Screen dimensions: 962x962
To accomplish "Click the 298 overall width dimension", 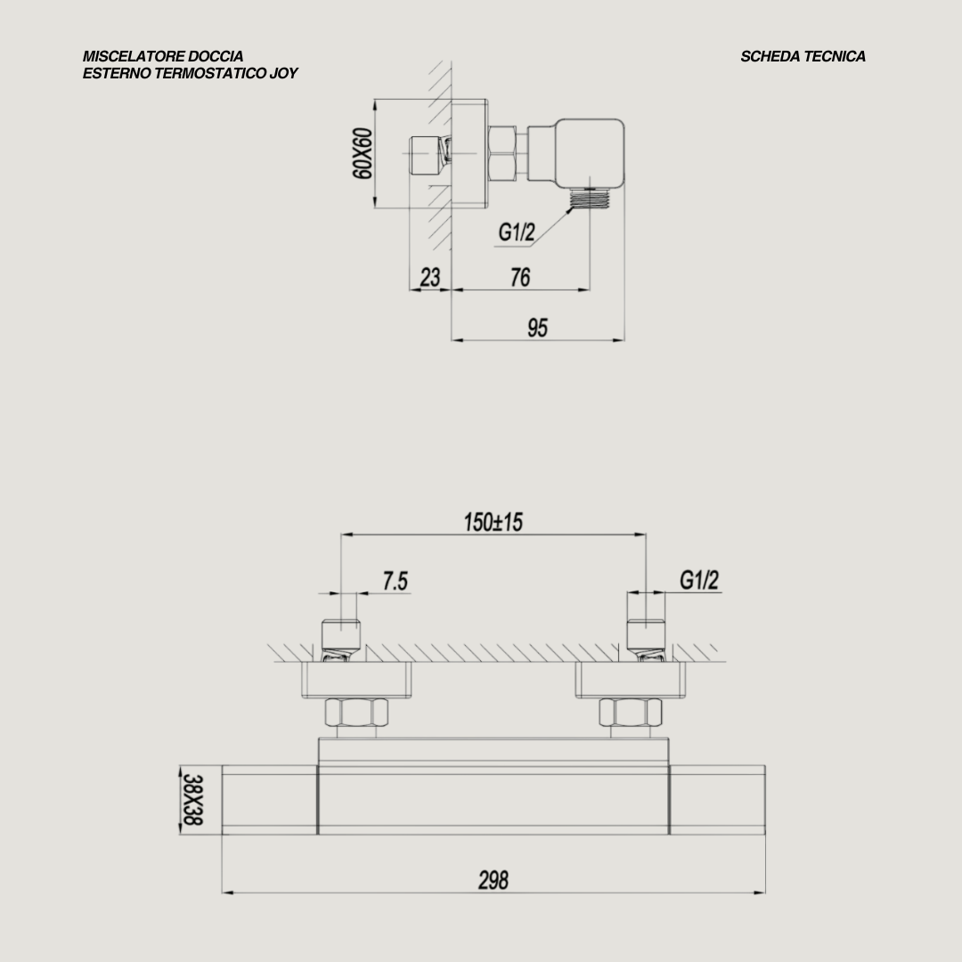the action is (493, 880).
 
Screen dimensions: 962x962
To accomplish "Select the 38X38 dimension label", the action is (192, 799).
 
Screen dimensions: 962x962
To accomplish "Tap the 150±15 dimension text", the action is (493, 522).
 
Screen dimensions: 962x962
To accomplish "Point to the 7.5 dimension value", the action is (395, 581).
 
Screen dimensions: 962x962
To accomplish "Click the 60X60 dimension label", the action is (363, 153).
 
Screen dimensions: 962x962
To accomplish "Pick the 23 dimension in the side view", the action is (430, 277).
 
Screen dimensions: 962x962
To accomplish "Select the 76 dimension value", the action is (520, 277).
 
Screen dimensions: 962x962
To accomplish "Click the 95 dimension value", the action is (537, 328).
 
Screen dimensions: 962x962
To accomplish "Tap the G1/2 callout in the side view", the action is (517, 232).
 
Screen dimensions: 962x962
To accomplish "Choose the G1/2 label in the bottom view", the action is (699, 580).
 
